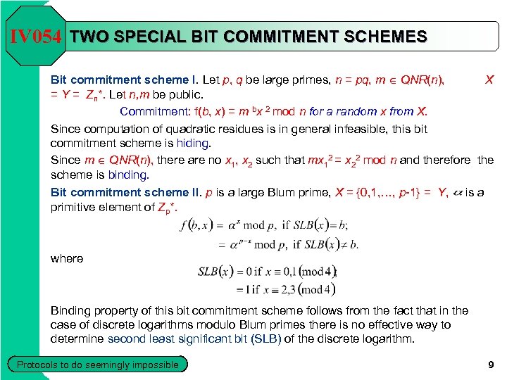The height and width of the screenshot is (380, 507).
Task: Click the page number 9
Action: pos(491,365)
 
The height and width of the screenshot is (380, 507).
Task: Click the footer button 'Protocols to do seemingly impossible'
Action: pos(98,365)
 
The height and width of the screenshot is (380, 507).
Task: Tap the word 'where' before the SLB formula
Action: pos(67,258)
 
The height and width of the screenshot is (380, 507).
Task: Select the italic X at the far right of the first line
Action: pos(489,80)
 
